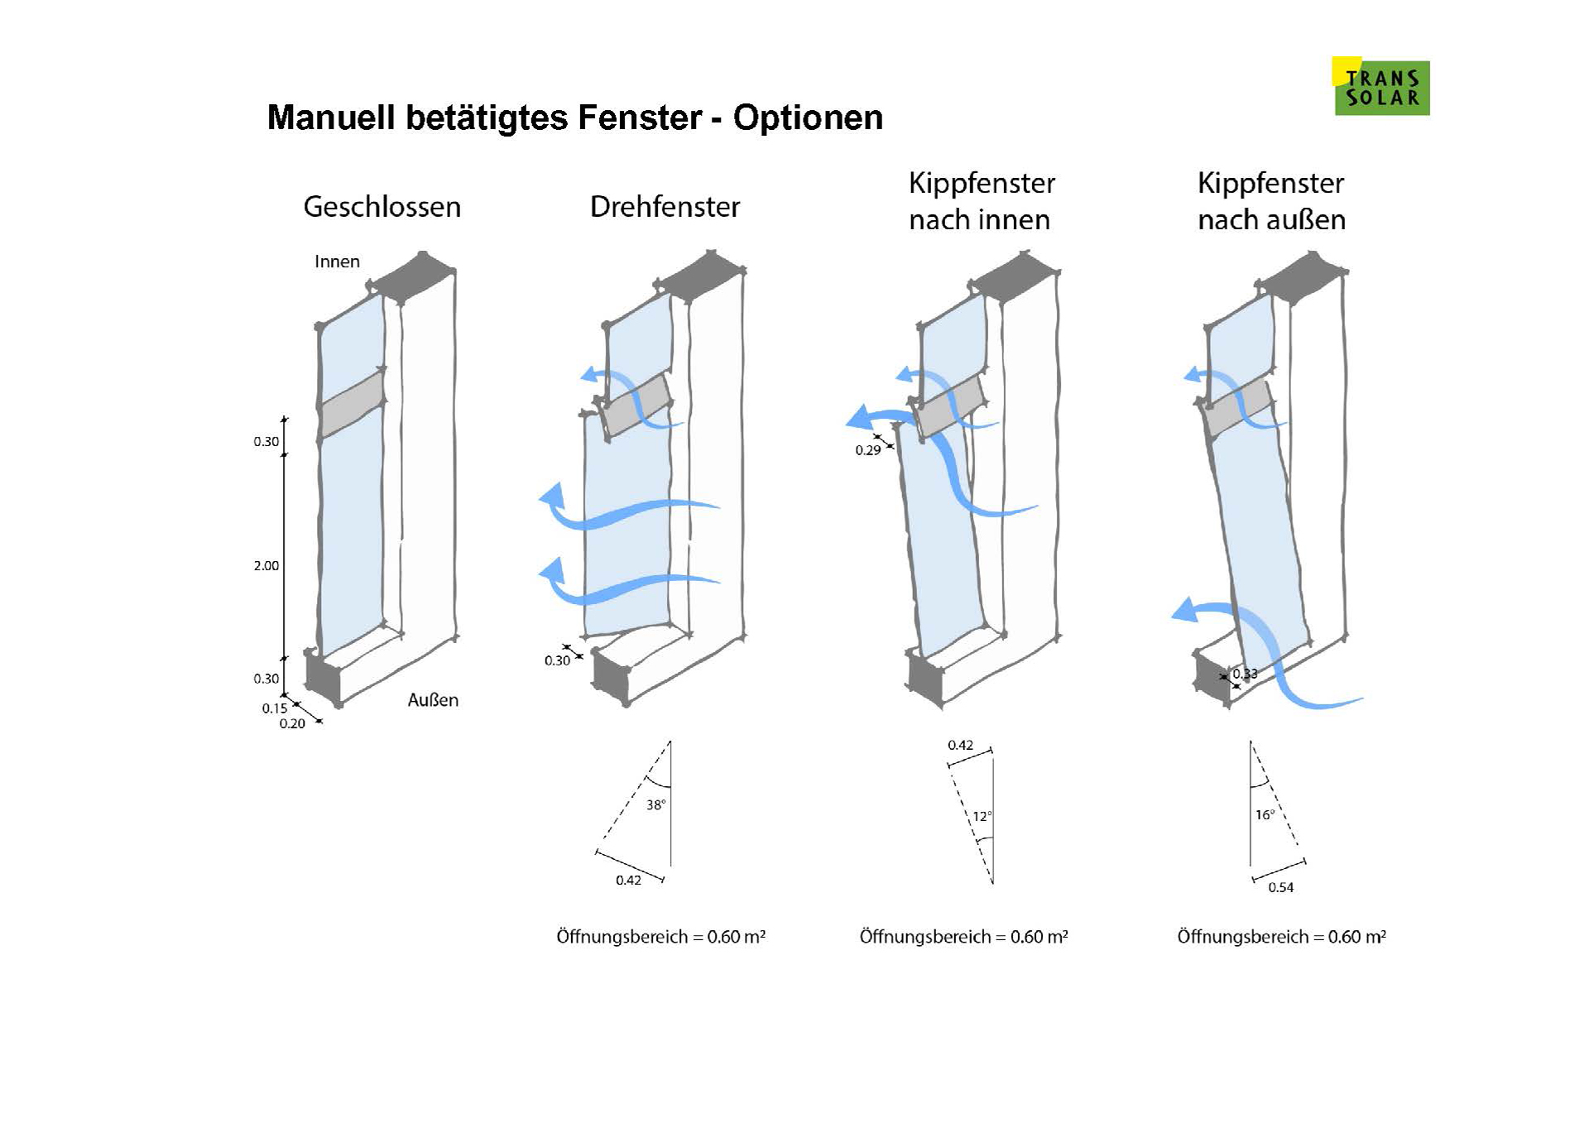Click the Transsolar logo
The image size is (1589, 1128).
pos(1380,87)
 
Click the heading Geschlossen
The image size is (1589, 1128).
pos(382,207)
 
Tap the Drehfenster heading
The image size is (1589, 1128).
pos(665,207)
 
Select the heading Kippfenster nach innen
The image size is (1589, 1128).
pos(981,201)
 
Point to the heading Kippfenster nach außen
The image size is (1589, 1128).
pos(1271,201)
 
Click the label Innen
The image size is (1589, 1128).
pos(337,262)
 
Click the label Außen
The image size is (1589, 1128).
pos(432,700)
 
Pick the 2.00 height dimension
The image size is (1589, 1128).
pos(266,566)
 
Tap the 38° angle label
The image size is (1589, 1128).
pos(655,804)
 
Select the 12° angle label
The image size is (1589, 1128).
pos(982,817)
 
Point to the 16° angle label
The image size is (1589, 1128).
pos(1265,815)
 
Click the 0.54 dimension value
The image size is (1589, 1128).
pos(1280,888)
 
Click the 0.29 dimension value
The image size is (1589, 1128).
pos(867,451)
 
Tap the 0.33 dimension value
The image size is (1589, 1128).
pos(1245,674)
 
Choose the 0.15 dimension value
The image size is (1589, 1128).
pos(274,708)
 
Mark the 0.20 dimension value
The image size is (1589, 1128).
pos(291,724)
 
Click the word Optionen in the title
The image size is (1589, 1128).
pos(808,118)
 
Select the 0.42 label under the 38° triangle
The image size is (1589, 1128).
pos(628,881)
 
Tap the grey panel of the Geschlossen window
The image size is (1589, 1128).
pos(353,403)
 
